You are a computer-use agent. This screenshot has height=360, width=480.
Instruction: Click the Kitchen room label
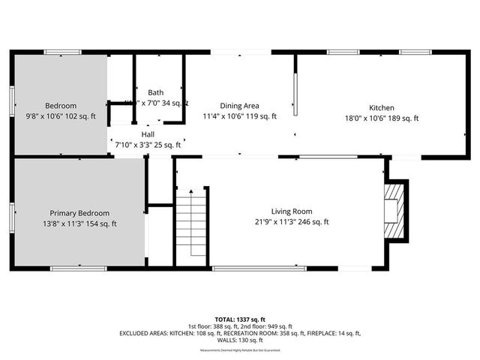(381, 108)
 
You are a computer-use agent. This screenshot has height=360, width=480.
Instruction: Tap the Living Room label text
(292, 211)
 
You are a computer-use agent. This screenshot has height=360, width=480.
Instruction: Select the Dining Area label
(240, 106)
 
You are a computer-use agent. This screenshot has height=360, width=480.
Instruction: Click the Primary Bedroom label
(79, 213)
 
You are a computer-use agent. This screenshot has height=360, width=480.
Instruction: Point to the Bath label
(155, 93)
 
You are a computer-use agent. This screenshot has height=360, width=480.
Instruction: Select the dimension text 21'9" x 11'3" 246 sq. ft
(292, 222)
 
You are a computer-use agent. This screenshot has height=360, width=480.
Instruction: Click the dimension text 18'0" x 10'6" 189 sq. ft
(381, 118)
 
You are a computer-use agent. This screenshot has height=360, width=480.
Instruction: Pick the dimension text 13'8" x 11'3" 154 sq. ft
(79, 223)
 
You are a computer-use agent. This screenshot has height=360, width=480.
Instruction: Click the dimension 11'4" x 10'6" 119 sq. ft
(240, 116)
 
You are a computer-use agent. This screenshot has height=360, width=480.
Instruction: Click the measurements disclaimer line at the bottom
(240, 351)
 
